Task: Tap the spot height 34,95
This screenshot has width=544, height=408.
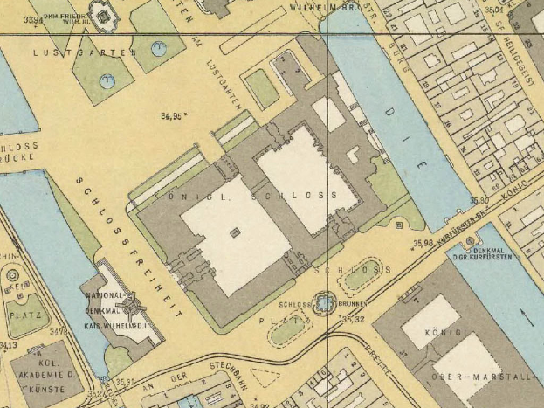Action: tap(175, 114)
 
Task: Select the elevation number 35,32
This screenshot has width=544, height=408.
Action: tap(353, 320)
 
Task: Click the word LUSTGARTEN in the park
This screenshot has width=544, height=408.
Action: tap(85, 53)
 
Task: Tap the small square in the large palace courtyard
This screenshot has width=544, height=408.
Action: tap(233, 232)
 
